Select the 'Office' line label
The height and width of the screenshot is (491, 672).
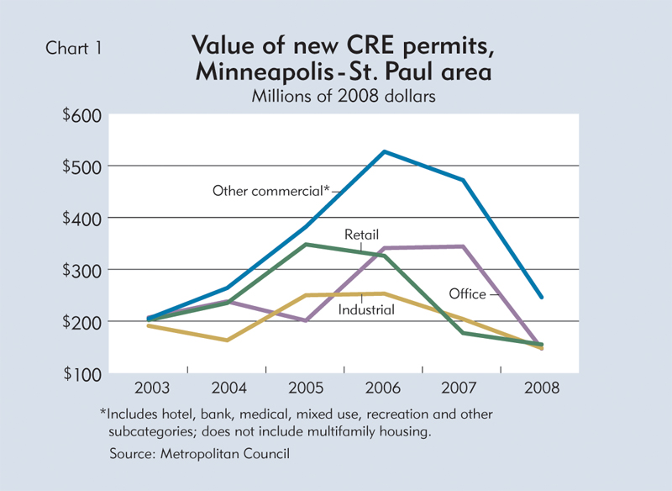(467, 294)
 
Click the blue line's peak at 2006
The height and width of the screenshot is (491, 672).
(384, 151)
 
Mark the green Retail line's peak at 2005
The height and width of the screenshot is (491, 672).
(306, 245)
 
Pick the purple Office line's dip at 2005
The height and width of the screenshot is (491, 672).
(306, 320)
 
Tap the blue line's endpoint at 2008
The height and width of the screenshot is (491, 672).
(541, 297)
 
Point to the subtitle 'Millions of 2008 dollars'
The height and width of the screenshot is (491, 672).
(343, 96)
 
